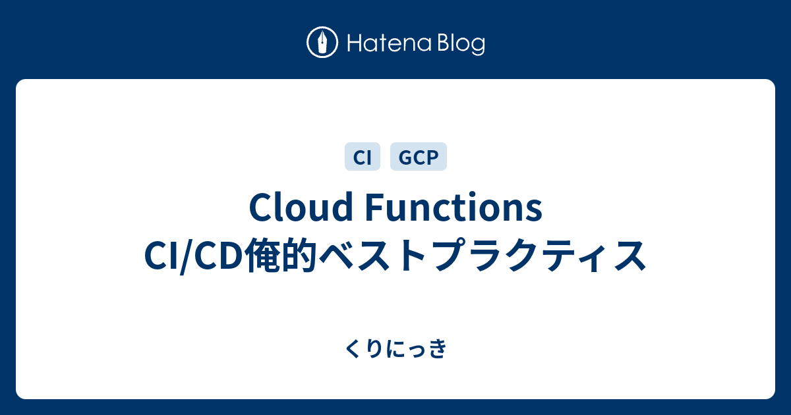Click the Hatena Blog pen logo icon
(322, 43)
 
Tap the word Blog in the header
(461, 44)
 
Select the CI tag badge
(363, 157)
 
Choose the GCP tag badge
(419, 157)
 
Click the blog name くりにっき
(395, 348)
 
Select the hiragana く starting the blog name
(351, 348)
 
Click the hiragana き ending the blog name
(439, 348)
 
